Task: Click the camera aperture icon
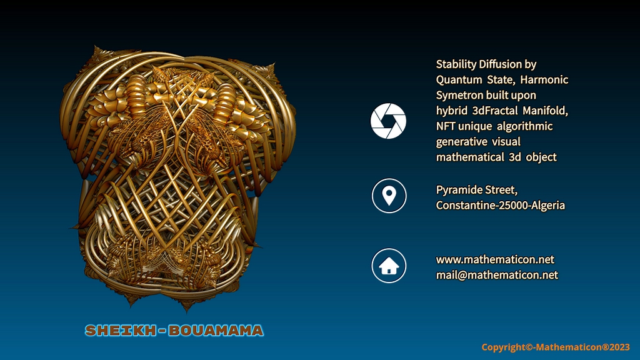pyautogui.click(x=388, y=121)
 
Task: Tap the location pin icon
pyautogui.click(x=389, y=196)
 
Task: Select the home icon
pyautogui.click(x=389, y=266)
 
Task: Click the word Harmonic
pyautogui.click(x=544, y=79)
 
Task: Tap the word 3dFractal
pyautogui.click(x=495, y=111)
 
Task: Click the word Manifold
pyautogui.click(x=545, y=111)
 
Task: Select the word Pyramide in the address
pyautogui.click(x=456, y=190)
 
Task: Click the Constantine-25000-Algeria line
pyautogui.click(x=501, y=205)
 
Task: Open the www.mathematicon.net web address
pyautogui.click(x=495, y=259)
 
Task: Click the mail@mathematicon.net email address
pyautogui.click(x=497, y=275)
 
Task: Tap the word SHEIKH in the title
pyautogui.click(x=121, y=331)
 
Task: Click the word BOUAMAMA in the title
pyautogui.click(x=216, y=331)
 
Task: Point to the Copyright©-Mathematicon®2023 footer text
pyautogui.click(x=556, y=347)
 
